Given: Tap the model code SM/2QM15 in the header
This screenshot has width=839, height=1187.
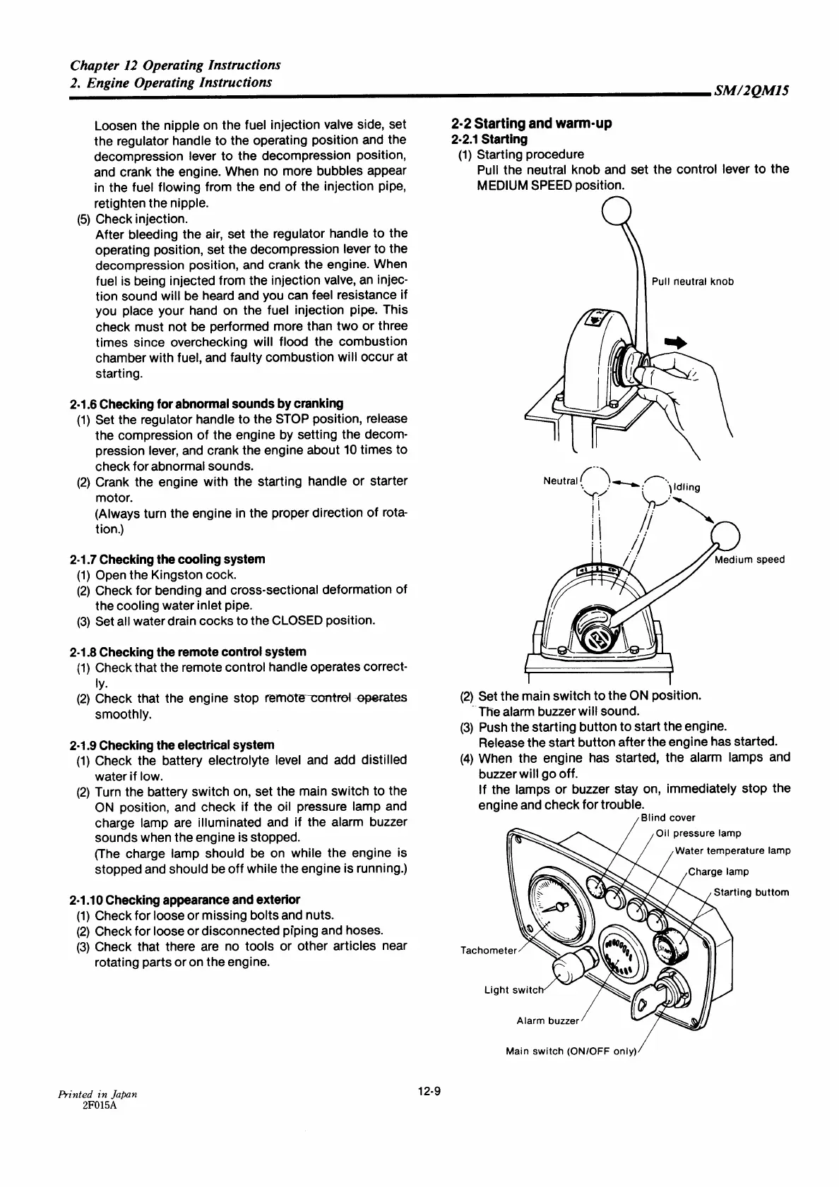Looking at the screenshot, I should click(751, 90).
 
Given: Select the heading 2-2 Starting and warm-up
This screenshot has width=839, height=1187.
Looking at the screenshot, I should click(532, 123).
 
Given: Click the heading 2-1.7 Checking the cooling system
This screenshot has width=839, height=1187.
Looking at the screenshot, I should click(168, 559).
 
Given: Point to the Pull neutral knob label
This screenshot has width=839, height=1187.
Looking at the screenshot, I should click(692, 282).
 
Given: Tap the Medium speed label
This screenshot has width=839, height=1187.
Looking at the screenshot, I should click(749, 560).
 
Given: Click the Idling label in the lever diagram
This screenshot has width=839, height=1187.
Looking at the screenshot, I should click(686, 487).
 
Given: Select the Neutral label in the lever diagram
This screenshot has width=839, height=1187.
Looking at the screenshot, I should click(561, 481).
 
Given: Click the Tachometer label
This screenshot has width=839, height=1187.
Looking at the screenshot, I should click(488, 950).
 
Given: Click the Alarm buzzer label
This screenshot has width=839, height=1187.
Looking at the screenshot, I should click(548, 1020).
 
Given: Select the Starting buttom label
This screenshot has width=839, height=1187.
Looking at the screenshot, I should click(751, 892).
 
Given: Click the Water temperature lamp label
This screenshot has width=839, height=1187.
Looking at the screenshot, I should click(732, 850).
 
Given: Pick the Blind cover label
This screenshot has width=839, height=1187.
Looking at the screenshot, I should click(668, 818).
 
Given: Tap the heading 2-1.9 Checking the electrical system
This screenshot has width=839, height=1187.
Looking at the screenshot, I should click(172, 745).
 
